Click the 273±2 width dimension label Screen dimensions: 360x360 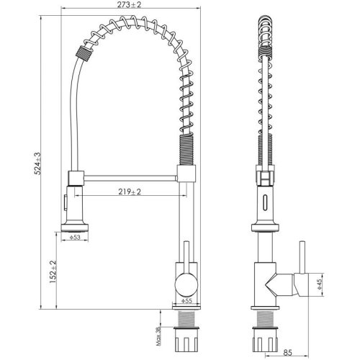pyautogui.click(x=129, y=4)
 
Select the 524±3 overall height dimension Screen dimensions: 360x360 pyautogui.click(x=37, y=163)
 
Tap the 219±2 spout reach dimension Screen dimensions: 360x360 pyautogui.click(x=130, y=192)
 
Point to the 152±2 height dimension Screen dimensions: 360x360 pyautogui.click(x=53, y=271)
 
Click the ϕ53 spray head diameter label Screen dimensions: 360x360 pyautogui.click(x=75, y=237)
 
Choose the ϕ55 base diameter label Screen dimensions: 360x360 pyautogui.click(x=187, y=301)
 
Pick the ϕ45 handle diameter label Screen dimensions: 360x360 pyautogui.click(x=320, y=284)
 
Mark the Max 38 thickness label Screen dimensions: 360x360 pyautogui.click(x=158, y=336)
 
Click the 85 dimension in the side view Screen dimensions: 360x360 pyautogui.click(x=287, y=353)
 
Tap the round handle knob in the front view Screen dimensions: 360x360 pyautogui.click(x=186, y=285)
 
